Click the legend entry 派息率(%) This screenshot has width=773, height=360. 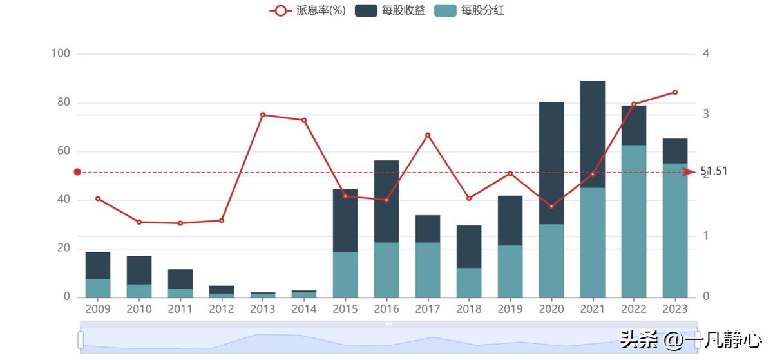pos(308,10)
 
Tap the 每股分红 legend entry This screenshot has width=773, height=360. pos(470,10)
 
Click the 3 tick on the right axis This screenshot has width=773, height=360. pos(706,114)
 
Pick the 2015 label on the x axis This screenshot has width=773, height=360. pos(345,309)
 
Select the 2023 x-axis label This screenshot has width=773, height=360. pos(675,309)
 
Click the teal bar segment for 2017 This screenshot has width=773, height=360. pos(428,270)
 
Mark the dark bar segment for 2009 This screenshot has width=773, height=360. pos(98,265)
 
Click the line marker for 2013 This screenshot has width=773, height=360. pos(263,115)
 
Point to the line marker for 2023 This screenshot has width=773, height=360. pos(675,92)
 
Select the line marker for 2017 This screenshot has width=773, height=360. pos(428,135)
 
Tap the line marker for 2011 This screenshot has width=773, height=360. pos(180,223)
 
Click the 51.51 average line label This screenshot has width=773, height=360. pos(714,171)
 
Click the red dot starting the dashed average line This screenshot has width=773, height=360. pos(77,172)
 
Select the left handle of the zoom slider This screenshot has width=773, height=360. pos(81,339)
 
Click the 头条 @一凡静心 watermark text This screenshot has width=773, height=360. pos(689,339)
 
